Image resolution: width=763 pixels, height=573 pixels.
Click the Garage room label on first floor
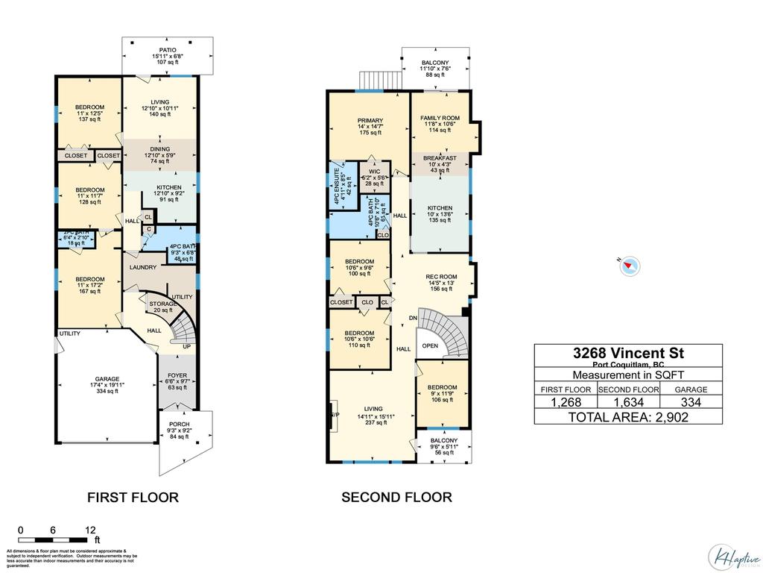pyautogui.click(x=106, y=379)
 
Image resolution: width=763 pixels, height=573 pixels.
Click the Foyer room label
pyautogui.click(x=177, y=375)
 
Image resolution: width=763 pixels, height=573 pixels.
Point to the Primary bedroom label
pyautogui.click(x=370, y=121)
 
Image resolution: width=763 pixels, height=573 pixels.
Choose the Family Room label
pyautogui.click(x=440, y=118)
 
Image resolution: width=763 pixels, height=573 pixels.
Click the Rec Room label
pyautogui.click(x=441, y=277)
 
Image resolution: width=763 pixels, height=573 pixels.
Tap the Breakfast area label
pyautogui.click(x=440, y=158)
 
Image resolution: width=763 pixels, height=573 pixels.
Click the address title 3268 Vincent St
pyautogui.click(x=628, y=353)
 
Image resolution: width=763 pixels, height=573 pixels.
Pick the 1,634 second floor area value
pyautogui.click(x=627, y=402)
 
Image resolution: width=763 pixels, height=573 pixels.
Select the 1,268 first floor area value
pyautogui.click(x=565, y=402)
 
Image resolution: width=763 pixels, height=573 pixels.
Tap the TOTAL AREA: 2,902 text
pyautogui.click(x=628, y=417)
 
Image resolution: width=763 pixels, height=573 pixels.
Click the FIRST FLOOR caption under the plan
pyautogui.click(x=133, y=497)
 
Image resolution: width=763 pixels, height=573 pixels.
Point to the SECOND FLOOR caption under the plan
pyautogui.click(x=396, y=497)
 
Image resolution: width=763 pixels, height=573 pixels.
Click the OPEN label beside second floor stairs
pyautogui.click(x=430, y=345)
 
